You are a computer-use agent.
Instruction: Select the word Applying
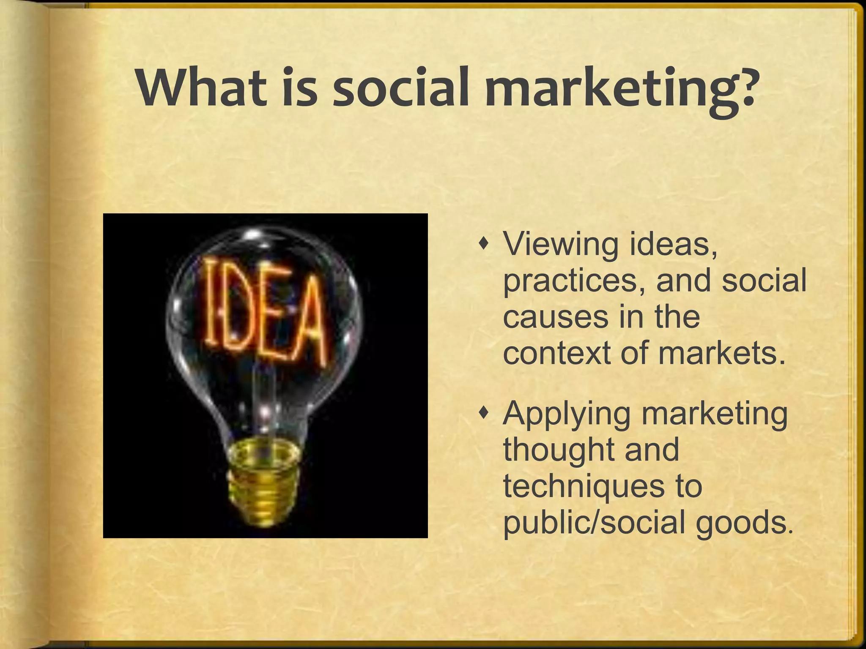pyautogui.click(x=567, y=414)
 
